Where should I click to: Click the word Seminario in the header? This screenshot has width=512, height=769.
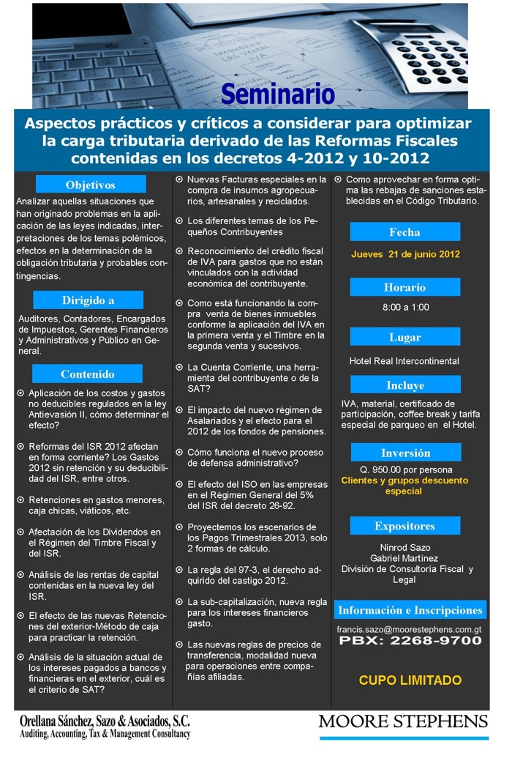pos(277,94)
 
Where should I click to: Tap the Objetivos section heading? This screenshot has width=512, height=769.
pos(91,185)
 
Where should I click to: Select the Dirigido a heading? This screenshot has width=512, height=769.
pos(88,300)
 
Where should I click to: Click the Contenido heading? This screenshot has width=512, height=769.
pos(88,374)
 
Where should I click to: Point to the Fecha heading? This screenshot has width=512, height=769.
pos(404,232)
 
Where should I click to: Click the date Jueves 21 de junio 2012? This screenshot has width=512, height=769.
pos(405,255)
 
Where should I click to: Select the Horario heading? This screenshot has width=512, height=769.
pos(404,287)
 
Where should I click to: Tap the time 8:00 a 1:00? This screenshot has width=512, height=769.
pos(405,307)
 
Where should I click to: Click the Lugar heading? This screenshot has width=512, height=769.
pos(404,338)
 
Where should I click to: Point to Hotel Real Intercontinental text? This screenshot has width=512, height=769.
pos(404,361)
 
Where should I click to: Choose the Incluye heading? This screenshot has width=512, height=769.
pos(404,385)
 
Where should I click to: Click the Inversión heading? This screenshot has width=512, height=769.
pos(404,453)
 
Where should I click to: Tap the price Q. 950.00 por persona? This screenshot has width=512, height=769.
pos(405,469)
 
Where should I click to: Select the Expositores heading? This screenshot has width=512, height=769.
pos(404,526)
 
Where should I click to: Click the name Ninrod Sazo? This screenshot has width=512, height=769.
pos(404,547)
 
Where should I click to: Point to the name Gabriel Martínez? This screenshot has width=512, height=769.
pos(404,558)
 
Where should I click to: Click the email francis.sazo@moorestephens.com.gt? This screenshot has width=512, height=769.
pos(409,628)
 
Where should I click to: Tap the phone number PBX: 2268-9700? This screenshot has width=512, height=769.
pos(410,641)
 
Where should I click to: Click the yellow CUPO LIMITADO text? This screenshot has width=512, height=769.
pos(410,680)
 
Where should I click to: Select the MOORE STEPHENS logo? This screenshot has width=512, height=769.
pos(402,721)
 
